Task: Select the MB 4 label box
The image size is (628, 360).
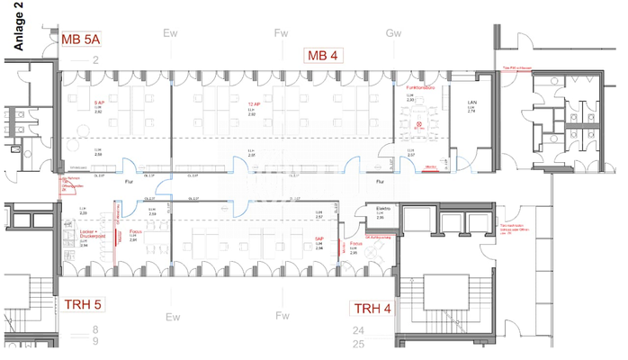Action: pos(322,56)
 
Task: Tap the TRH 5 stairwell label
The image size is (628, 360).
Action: pos(82,303)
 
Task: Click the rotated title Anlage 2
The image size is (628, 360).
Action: pos(20,30)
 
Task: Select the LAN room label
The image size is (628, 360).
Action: pos(471,104)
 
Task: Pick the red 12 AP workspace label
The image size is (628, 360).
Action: pos(252,105)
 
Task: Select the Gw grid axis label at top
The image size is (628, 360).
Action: pos(392,33)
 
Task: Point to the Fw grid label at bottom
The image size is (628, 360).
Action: pos(282,316)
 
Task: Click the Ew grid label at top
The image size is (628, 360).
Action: pos(170,33)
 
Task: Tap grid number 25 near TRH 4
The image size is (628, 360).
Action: pos(358,344)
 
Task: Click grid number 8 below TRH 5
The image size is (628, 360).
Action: pos(94,330)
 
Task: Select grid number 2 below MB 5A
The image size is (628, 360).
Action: pos(94,59)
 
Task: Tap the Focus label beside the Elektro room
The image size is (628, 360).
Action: pos(356,244)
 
